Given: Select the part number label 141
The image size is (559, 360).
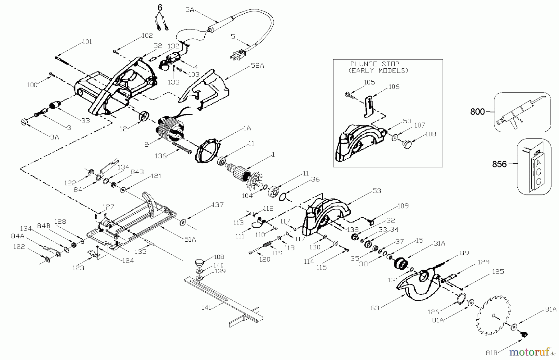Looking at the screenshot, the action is [206, 308].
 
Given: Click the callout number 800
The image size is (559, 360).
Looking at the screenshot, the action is [477, 112].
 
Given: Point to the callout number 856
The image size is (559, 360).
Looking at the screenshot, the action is [499, 164].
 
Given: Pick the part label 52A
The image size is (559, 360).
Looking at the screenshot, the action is [257, 66].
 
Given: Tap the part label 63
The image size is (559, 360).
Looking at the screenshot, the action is [375, 308].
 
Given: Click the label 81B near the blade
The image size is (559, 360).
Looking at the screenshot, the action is [492, 353].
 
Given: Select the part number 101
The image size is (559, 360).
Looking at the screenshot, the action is [87, 42].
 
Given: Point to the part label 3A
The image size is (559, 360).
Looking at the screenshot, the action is [54, 137].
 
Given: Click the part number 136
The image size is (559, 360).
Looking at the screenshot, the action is [161, 156].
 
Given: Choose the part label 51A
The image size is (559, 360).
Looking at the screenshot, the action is [190, 239].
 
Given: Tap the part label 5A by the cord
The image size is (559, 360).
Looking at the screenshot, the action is [189, 10].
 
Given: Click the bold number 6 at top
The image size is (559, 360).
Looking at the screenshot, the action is [159, 7].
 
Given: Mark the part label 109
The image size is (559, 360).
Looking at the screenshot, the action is [403, 206].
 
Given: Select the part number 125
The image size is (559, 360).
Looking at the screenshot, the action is [498, 272].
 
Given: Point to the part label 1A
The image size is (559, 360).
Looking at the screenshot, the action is [247, 128].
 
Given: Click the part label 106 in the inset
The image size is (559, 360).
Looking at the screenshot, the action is [394, 87].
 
